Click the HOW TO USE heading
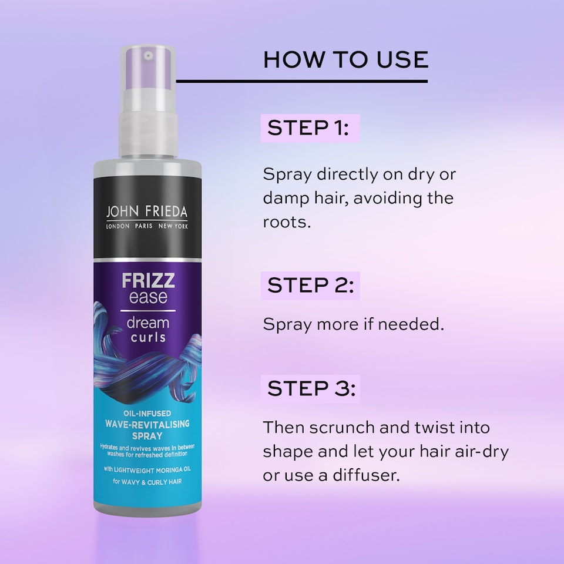tap(345, 59)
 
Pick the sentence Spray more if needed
tap(353, 324)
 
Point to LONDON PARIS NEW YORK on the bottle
tap(147, 227)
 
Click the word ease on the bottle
tap(147, 297)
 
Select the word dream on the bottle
tap(147, 322)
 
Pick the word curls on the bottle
tap(147, 337)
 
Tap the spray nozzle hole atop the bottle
tap(149, 55)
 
